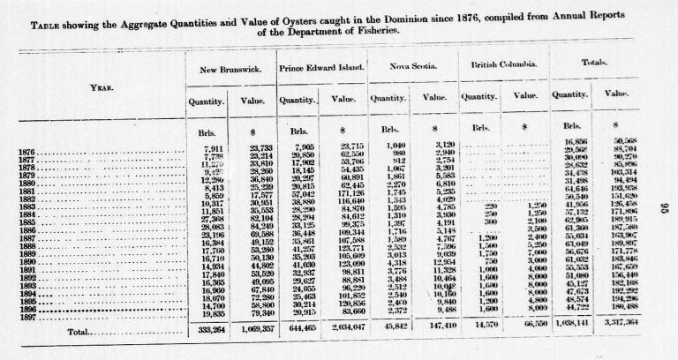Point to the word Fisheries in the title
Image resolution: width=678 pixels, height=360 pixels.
click(379, 31)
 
